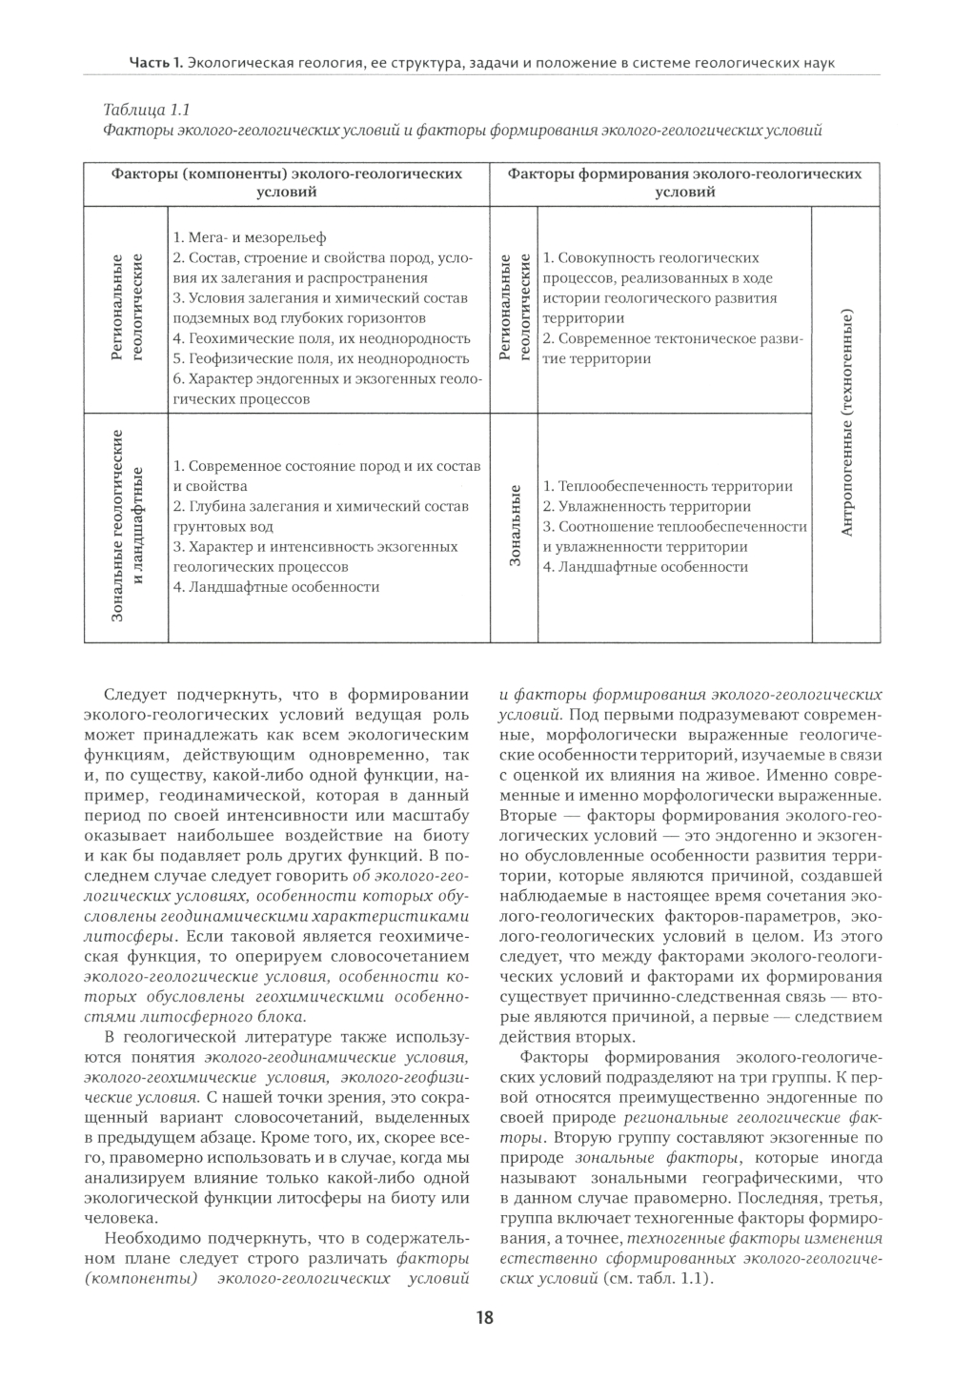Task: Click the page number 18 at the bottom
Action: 484,1318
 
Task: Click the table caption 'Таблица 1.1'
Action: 138,110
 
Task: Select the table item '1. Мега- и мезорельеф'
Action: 250,237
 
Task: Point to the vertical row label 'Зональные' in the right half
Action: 515,527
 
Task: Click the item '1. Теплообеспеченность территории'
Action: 667,486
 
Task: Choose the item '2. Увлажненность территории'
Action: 647,506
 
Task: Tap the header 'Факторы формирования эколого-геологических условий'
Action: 684,182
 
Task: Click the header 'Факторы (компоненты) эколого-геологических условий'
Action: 287,182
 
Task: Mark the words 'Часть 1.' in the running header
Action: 155,63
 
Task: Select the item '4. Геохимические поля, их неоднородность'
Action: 322,338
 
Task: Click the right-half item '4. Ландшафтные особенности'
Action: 645,567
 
